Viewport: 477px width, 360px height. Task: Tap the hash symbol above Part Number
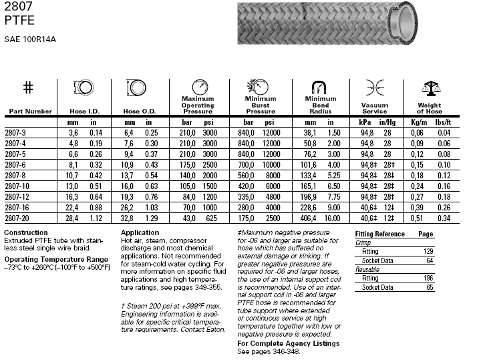coord(28,87)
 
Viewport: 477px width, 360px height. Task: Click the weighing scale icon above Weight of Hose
coord(429,87)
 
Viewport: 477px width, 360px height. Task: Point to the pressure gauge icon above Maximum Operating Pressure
coord(198,86)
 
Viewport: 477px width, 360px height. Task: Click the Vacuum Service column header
coord(374,108)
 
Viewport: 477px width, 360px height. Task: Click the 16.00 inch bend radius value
coord(333,218)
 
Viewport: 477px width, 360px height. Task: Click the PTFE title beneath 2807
coord(17,20)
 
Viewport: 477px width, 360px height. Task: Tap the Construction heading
coord(26,232)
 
